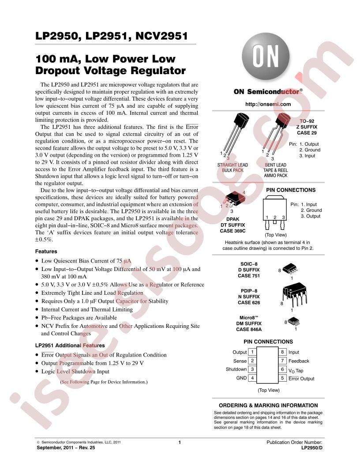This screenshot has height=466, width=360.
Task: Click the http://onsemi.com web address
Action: pos(268,105)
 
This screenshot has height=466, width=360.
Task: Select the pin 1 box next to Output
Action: pos(252,352)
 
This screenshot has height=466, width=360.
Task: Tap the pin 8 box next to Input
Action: pos(282,352)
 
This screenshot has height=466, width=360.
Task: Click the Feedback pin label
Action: pos(299,361)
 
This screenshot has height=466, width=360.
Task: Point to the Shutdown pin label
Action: pos(236,369)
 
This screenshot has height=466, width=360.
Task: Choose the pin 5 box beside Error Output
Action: pos(282,378)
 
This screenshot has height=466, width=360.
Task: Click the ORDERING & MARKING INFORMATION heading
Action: pos(268,405)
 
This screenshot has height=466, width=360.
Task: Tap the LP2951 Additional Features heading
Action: pos(70,346)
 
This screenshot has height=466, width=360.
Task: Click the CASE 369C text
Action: pos(233,230)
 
